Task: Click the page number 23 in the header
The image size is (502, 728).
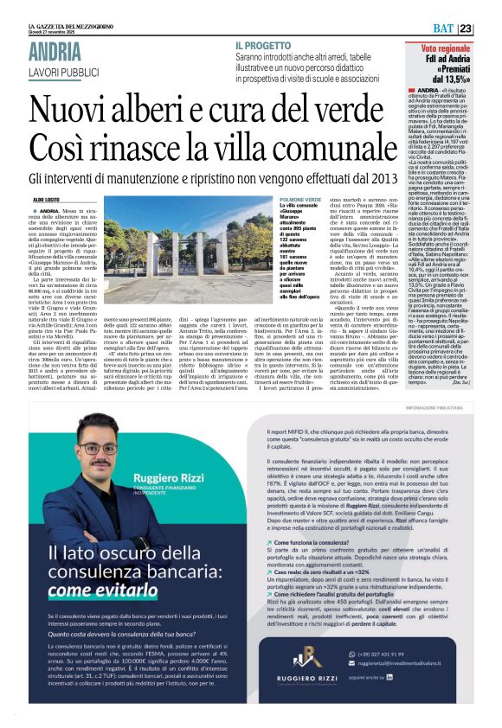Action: pyautogui.click(x=489, y=29)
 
